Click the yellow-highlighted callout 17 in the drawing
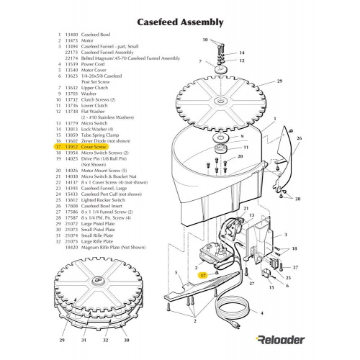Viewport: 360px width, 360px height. click(203, 275)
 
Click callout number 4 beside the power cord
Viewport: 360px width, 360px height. click(261, 313)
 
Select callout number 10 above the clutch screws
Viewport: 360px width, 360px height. click(204, 40)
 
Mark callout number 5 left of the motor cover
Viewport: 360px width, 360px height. click(176, 272)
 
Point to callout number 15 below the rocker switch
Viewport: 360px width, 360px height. click(271, 287)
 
